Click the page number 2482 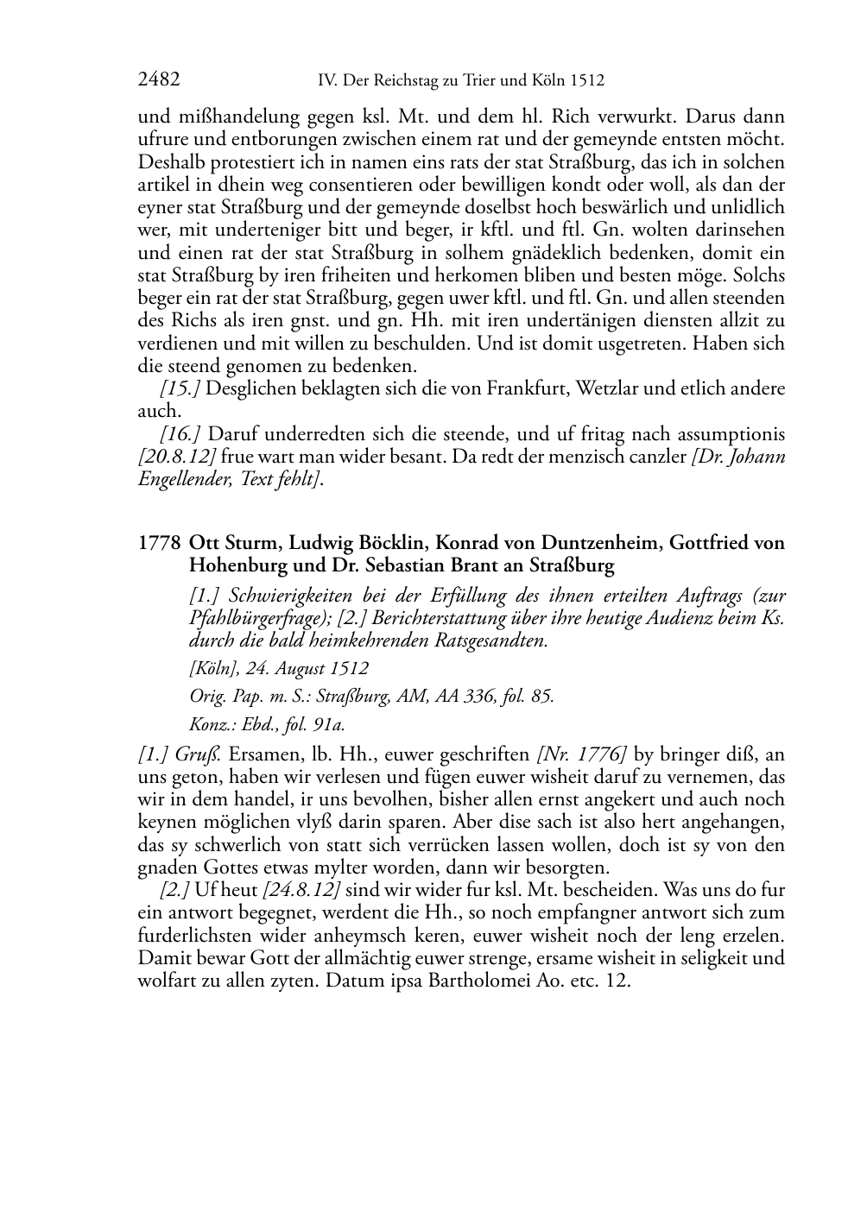[159, 80]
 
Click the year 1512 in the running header [586, 81]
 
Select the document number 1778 [159, 543]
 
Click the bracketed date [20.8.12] [176, 456]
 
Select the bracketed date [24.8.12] [301, 890]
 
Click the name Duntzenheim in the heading [600, 543]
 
